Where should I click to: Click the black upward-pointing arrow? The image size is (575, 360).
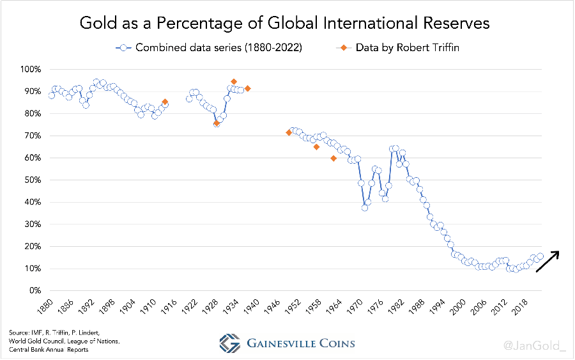[548, 261]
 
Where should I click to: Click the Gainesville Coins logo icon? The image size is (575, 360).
[229, 343]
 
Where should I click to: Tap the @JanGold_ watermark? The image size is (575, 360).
[535, 345]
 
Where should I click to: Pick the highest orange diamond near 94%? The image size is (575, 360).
[234, 82]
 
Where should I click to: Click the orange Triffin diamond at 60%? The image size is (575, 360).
[333, 159]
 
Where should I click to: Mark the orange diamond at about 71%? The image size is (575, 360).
[289, 133]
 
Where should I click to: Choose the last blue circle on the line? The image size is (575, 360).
[540, 256]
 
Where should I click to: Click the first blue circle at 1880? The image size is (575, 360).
[52, 95]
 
